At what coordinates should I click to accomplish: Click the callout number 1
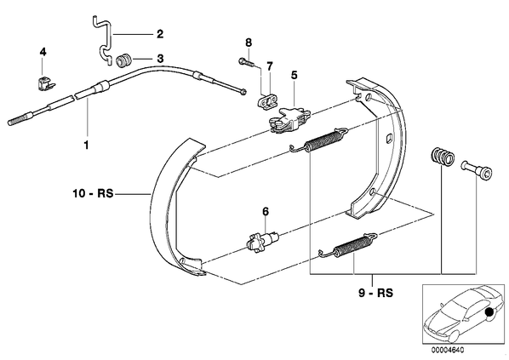(86, 145)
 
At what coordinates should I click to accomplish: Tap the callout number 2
(160, 34)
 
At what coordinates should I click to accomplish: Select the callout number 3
(160, 59)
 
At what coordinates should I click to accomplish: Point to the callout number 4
(43, 52)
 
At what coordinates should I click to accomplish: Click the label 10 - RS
(93, 194)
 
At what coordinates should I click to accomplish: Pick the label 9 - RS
(375, 293)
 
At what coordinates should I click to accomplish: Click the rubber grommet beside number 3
(123, 61)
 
